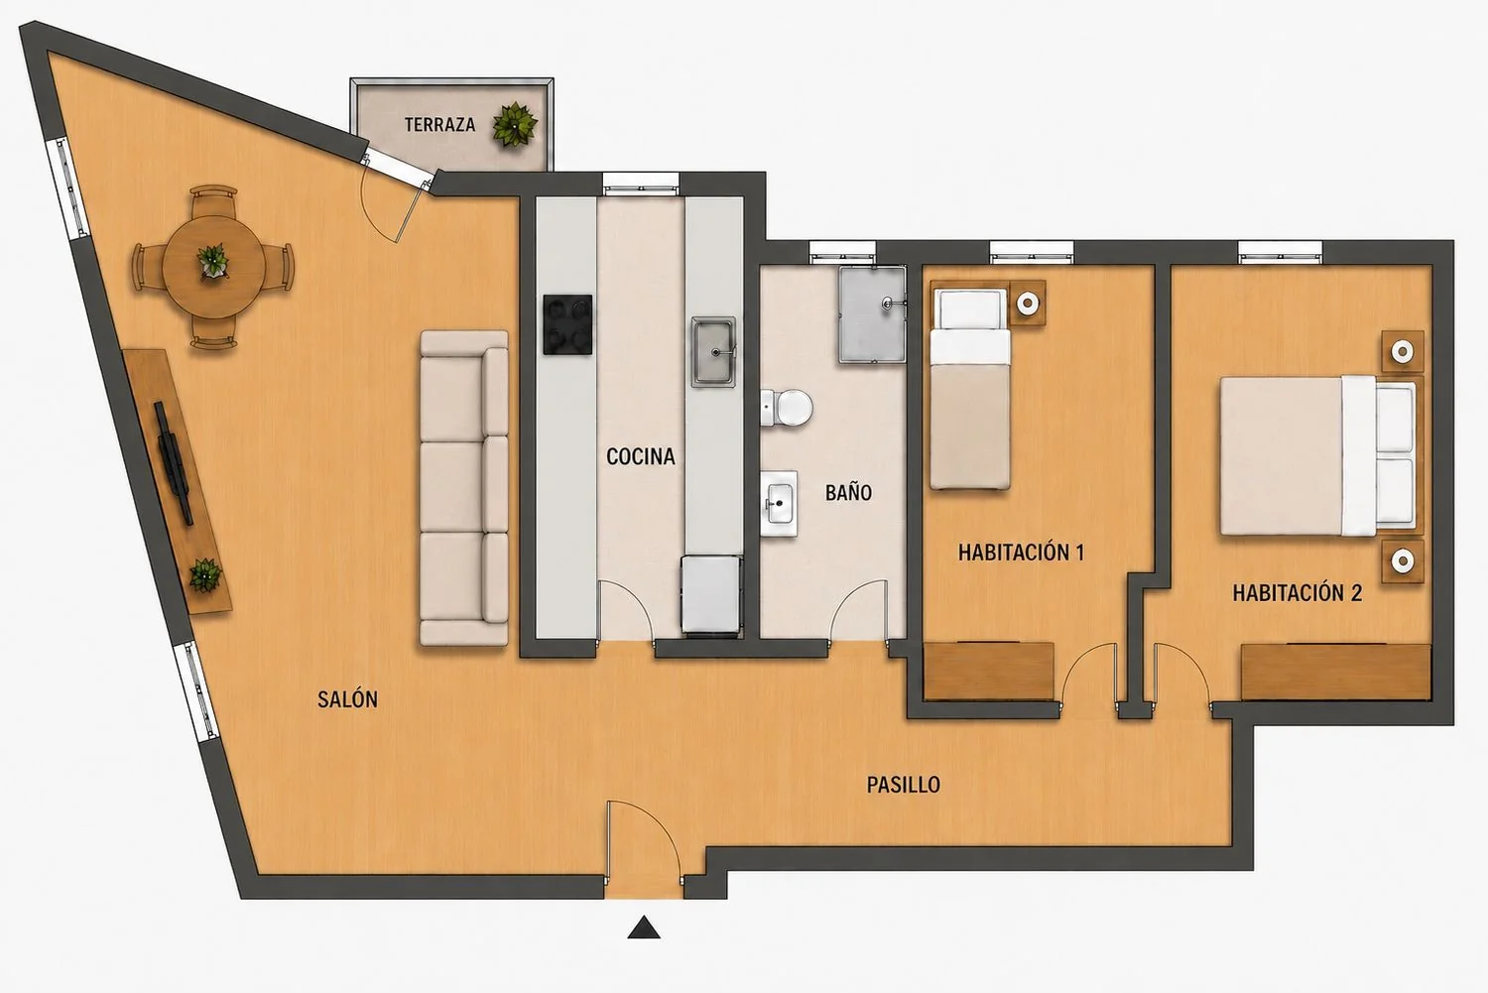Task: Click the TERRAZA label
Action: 439,124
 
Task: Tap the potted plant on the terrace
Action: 515,124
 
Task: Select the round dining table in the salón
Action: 214,267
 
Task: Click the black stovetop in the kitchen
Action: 567,324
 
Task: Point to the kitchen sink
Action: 713,351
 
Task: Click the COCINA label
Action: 641,456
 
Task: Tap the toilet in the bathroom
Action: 787,407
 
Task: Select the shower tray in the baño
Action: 872,314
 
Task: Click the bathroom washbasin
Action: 779,504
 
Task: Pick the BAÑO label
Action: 848,492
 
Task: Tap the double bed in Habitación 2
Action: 1318,455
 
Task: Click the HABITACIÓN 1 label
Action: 1021,552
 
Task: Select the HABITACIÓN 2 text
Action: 1298,592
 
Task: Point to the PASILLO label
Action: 904,785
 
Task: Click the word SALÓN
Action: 347,699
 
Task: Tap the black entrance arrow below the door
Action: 644,928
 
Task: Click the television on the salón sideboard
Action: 175,463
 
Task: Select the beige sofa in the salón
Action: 464,488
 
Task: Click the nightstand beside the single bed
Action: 1028,303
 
